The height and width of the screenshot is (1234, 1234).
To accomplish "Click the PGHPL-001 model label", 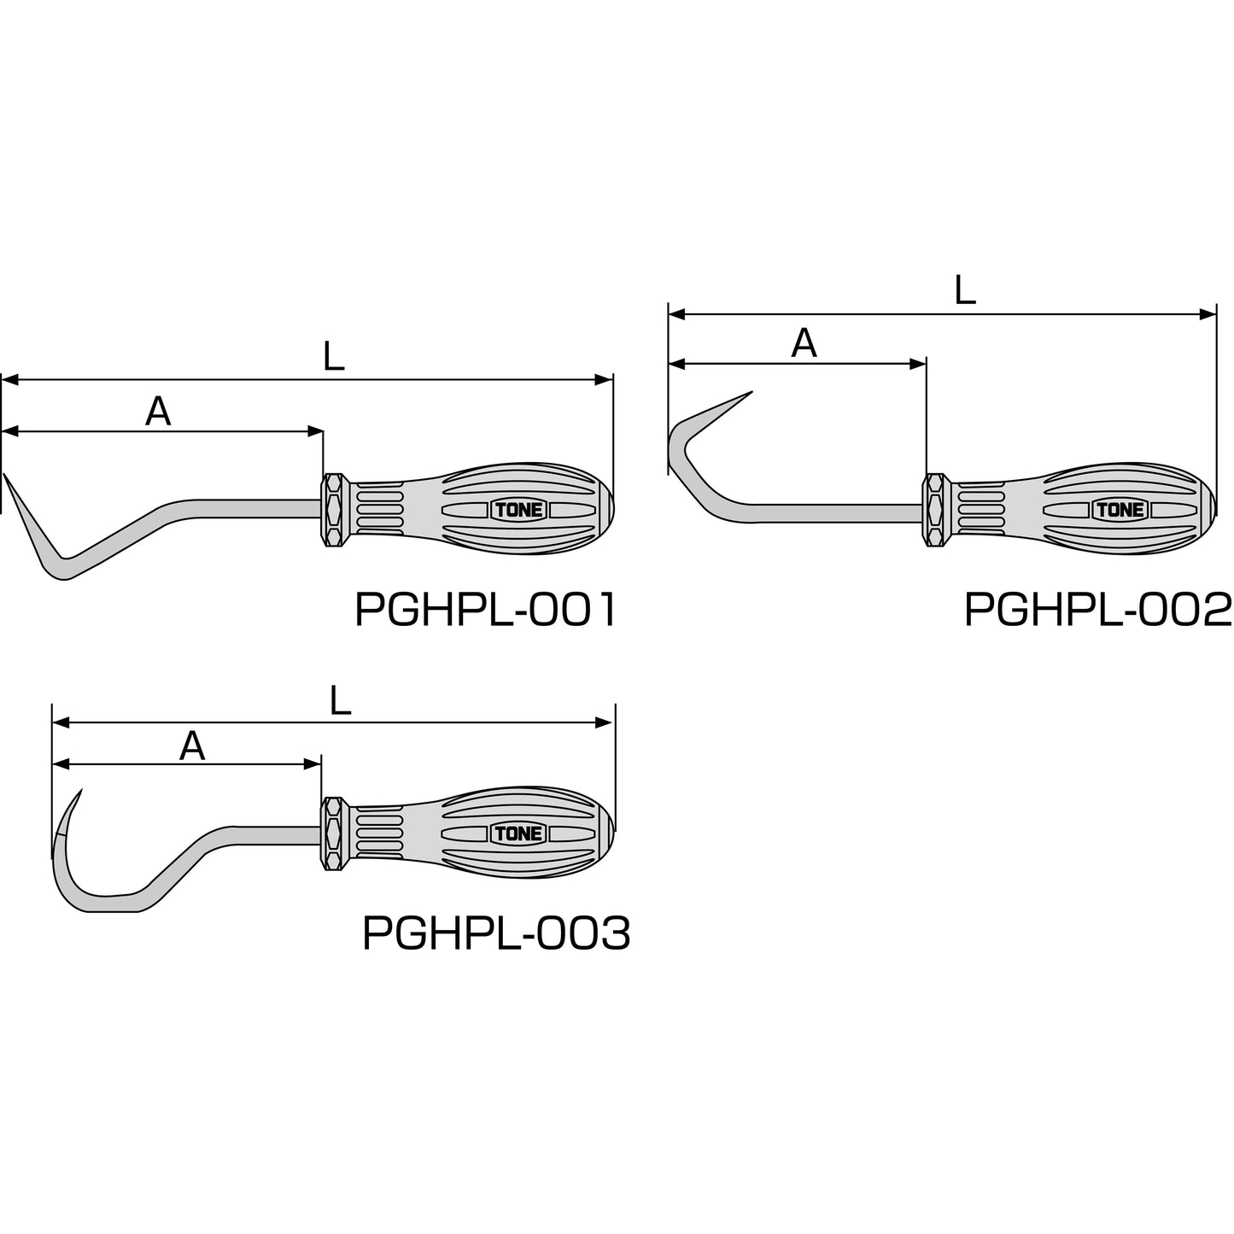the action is (x=485, y=609).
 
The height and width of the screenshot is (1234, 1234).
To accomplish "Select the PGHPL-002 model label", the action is (x=1097, y=609).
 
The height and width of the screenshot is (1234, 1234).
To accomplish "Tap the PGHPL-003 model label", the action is (x=496, y=933).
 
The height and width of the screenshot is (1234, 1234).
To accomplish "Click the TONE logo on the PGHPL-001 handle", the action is (x=519, y=511).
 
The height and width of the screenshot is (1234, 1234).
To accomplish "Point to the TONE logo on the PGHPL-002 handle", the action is (x=1120, y=510).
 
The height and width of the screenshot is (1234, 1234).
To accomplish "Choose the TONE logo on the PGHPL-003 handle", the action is (x=519, y=833).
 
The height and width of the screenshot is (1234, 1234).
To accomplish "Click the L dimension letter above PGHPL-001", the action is (x=334, y=356).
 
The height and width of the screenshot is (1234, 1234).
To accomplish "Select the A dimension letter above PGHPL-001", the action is (x=158, y=411).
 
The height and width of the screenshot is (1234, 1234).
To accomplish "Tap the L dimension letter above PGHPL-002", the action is (x=964, y=289).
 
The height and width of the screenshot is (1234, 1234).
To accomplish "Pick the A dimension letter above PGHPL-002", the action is (x=804, y=343).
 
